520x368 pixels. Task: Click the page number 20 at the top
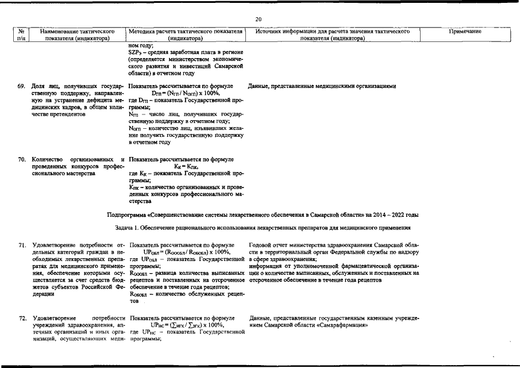click(x=259, y=20)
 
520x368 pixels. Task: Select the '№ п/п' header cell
click(x=21, y=35)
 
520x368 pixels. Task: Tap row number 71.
click(x=22, y=246)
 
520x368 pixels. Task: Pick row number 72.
click(x=22, y=318)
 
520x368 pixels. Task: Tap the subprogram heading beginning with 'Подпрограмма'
click(x=263, y=214)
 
